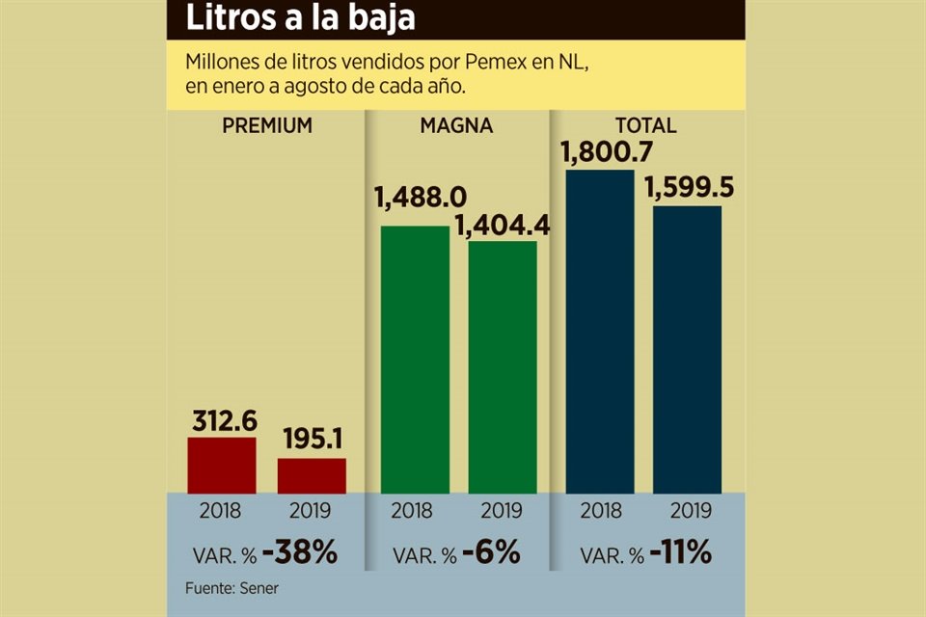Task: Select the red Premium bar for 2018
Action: tap(222, 466)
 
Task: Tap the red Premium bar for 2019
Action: tap(312, 476)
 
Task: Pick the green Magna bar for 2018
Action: tap(415, 360)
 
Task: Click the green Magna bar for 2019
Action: tap(503, 367)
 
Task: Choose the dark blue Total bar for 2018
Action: tap(600, 332)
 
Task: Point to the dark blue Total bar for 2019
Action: tap(687, 349)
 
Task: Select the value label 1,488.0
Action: tap(413, 199)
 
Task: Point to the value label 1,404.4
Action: tap(502, 225)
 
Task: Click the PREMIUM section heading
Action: tap(267, 126)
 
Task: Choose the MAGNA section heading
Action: tap(456, 126)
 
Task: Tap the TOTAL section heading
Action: tap(645, 126)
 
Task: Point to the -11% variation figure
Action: tap(680, 553)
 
